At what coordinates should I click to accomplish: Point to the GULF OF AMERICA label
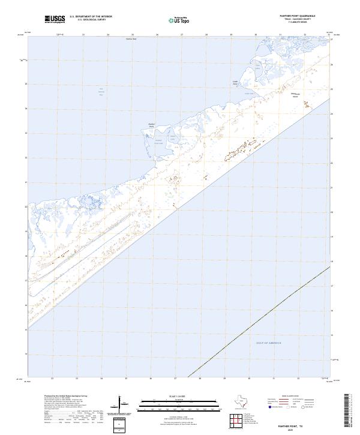tap(268, 342)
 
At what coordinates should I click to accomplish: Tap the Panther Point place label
tap(152, 126)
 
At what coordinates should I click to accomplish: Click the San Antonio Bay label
tap(101, 91)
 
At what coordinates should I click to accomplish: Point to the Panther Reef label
tap(131, 40)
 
